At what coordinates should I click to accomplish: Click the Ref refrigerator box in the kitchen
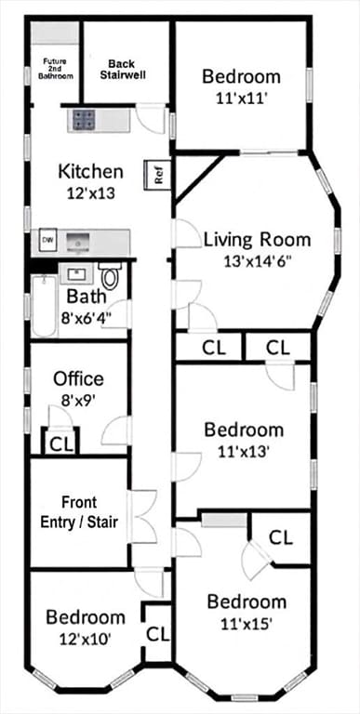click(157, 175)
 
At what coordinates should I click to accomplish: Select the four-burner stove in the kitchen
click(83, 120)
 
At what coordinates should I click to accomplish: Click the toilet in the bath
click(110, 275)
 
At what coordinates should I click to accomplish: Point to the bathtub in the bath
click(45, 305)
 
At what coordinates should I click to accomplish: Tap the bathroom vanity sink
click(75, 274)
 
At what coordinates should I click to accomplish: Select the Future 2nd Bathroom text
click(55, 69)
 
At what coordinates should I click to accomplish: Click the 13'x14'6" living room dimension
click(258, 262)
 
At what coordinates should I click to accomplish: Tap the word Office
click(78, 378)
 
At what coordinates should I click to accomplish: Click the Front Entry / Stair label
click(79, 512)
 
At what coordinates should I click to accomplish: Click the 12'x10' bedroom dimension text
click(86, 640)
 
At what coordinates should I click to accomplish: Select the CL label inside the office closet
click(61, 445)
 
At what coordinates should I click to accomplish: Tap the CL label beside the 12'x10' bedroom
click(157, 634)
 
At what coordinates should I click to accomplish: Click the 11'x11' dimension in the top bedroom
click(241, 99)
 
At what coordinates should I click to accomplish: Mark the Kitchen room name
click(90, 172)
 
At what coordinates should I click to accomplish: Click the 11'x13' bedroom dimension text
click(244, 451)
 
